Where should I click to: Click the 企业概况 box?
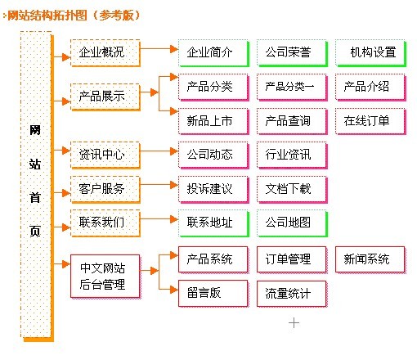pos(105,53)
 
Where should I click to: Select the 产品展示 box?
pos(105,97)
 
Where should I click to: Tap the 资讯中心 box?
pos(105,155)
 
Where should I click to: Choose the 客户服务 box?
pos(105,189)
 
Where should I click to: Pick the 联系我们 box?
pos(105,223)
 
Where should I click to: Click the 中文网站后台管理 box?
pos(105,277)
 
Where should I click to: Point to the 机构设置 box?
pos(370,53)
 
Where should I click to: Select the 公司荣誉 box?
pos(292,53)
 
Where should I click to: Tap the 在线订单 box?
pos(370,122)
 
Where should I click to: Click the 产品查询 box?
pos(292,122)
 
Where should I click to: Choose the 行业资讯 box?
pos(292,155)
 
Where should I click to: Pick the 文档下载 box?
pos(292,189)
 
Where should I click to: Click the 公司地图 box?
pos(292,223)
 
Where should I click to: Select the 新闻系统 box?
pos(370,259)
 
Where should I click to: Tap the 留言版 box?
pos(213,294)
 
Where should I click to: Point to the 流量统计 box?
pos(292,294)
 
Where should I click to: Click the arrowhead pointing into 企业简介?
pos(174,49)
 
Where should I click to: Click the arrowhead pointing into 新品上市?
pos(174,111)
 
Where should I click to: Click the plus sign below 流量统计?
pos(294,323)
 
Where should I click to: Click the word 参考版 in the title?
pos(117,16)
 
